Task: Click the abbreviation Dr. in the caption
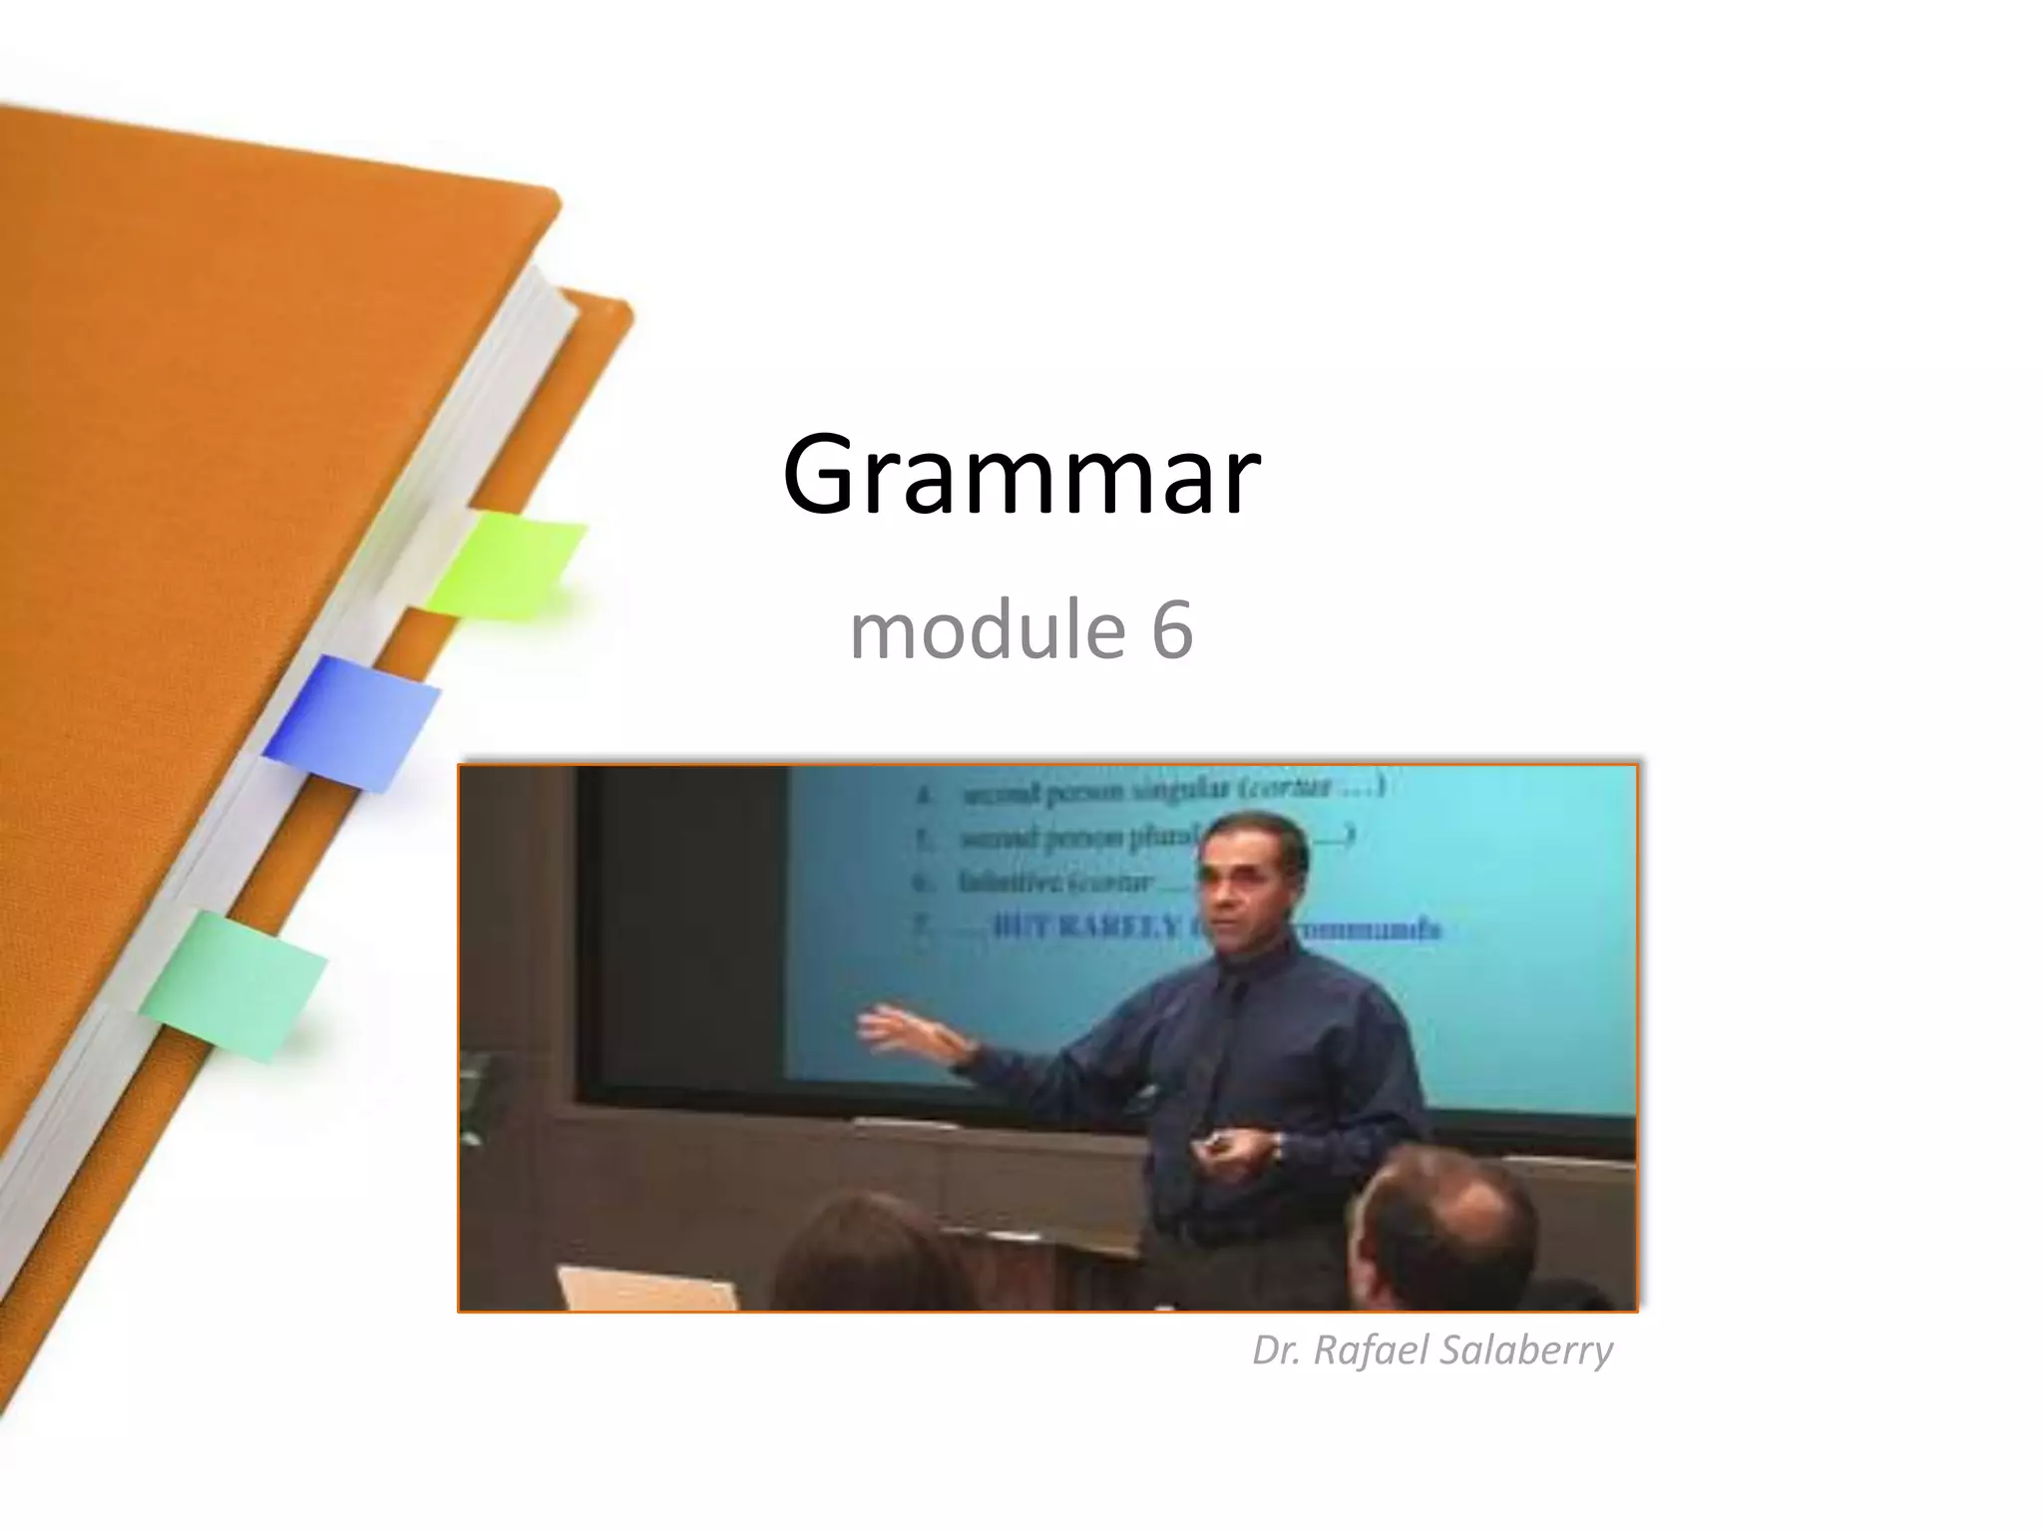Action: pos(1277,1350)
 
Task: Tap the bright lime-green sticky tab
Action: pos(509,564)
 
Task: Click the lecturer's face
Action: pos(1247,878)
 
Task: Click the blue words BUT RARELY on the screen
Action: pos(1082,928)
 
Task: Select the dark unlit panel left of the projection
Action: pos(688,928)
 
